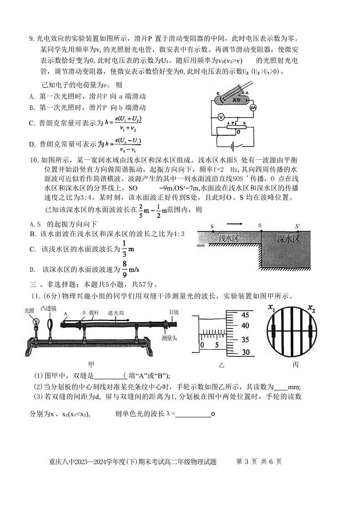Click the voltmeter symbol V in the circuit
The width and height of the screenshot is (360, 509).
pos(221,117)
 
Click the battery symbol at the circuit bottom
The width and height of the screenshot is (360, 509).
pos(232,146)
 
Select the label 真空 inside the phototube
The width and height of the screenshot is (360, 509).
pos(234,101)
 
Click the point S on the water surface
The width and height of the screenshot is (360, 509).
pos(212,226)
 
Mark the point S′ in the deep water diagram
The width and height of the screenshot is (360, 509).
pos(297,226)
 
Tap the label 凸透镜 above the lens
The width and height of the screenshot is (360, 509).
pos(48,308)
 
